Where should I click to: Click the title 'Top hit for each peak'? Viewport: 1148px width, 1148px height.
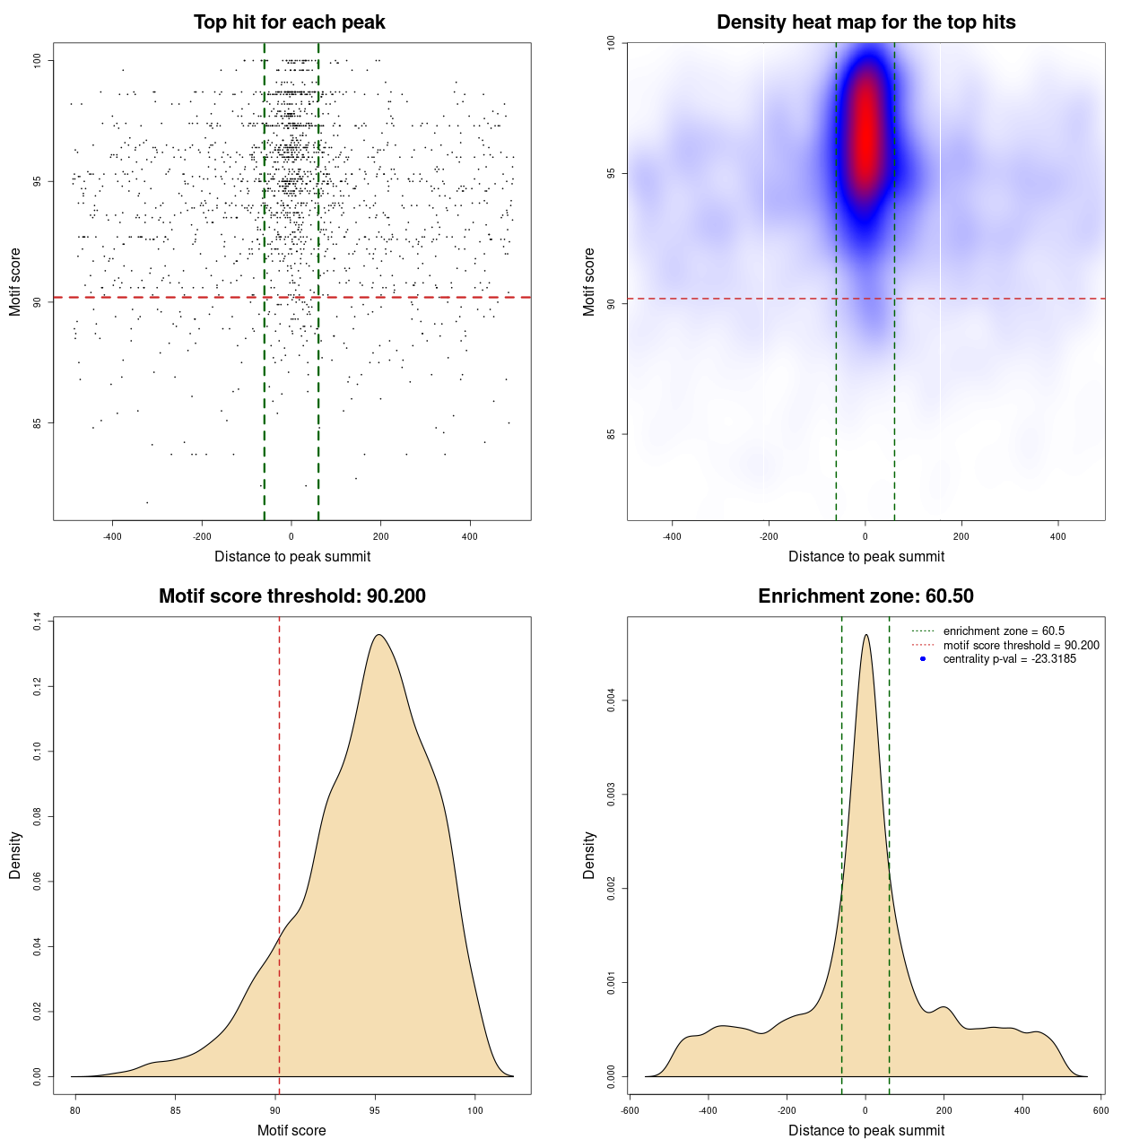click(x=290, y=22)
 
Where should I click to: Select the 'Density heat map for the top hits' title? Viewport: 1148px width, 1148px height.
click(x=865, y=22)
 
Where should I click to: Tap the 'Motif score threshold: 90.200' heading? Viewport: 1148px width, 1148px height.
click(x=291, y=596)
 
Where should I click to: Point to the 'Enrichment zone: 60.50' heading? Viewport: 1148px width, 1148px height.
click(x=865, y=596)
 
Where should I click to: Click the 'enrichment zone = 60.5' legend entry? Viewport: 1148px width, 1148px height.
click(x=1004, y=631)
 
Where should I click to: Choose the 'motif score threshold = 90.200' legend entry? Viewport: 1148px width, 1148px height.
click(x=1021, y=646)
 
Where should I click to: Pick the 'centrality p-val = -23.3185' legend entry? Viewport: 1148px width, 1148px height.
click(x=1009, y=659)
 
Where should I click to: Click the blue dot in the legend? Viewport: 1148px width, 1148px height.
click(x=923, y=659)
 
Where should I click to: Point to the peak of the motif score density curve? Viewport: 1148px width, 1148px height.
click(x=378, y=635)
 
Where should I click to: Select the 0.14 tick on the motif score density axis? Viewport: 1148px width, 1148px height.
click(x=38, y=622)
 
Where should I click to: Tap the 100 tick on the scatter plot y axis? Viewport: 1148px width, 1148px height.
click(x=38, y=61)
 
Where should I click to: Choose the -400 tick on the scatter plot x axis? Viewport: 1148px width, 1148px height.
click(x=112, y=537)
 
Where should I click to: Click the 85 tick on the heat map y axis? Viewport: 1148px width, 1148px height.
click(x=612, y=434)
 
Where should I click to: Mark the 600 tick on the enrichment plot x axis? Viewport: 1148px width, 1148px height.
click(x=1101, y=1110)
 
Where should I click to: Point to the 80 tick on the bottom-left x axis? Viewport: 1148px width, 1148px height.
click(x=75, y=1110)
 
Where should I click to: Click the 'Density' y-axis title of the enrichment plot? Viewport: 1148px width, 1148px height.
click(x=589, y=855)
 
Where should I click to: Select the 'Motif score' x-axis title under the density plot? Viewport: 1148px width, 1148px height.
click(x=291, y=1130)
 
